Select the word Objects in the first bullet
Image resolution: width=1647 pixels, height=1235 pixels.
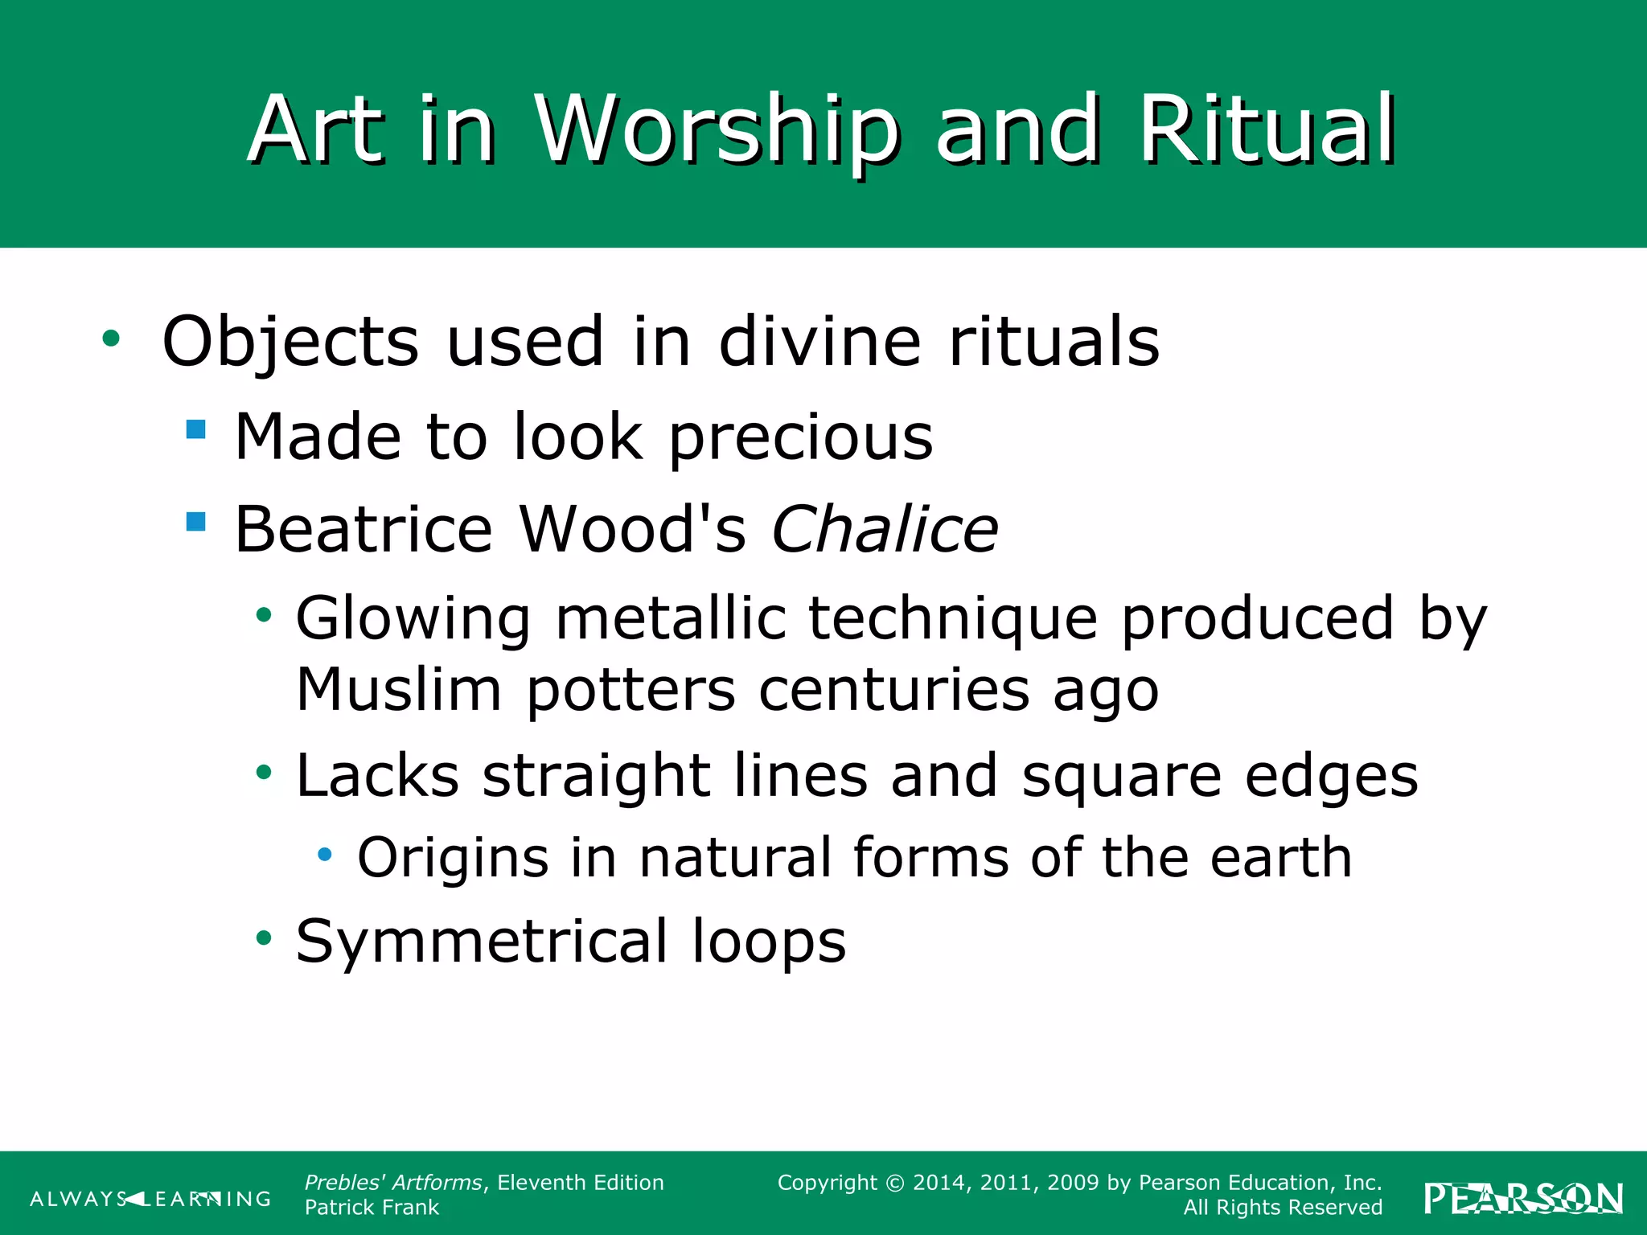point(290,343)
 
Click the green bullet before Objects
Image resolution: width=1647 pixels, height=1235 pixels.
point(111,338)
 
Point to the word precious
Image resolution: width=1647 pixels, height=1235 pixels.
point(800,439)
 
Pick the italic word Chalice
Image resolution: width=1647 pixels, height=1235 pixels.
point(885,530)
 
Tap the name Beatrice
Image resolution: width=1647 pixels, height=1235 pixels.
point(363,530)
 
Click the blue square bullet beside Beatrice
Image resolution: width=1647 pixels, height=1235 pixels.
point(195,523)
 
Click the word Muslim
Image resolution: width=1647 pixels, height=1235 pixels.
point(399,690)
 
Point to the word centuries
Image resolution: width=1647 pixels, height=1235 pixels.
point(893,690)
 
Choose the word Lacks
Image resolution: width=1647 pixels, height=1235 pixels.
point(378,777)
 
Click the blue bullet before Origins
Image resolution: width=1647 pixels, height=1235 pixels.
point(325,854)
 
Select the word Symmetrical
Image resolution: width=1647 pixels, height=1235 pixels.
point(482,942)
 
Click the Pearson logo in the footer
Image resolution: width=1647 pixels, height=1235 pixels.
point(1523,1199)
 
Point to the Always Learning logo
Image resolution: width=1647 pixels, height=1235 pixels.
point(150,1200)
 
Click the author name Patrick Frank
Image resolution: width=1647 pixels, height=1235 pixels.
point(372,1208)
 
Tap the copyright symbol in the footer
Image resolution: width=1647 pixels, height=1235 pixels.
point(894,1184)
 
